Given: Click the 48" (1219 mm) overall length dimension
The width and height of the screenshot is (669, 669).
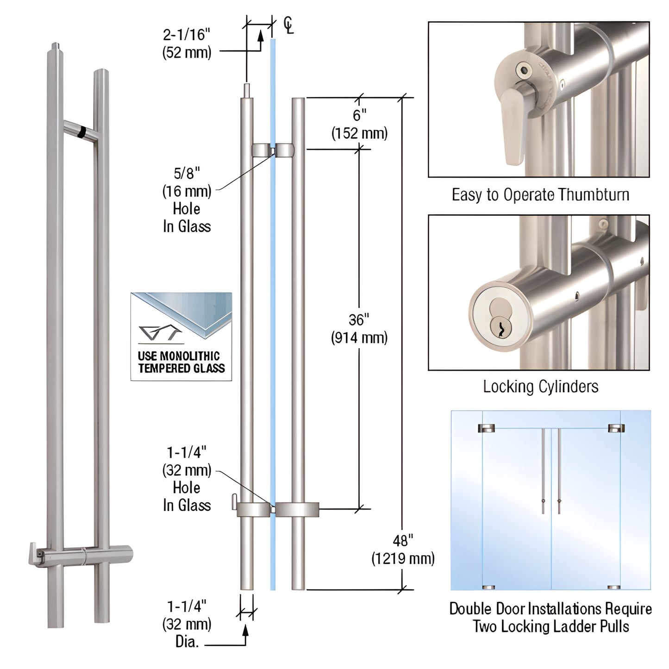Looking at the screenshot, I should [x=403, y=550].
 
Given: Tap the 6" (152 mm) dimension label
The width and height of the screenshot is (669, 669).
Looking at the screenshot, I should [x=359, y=124].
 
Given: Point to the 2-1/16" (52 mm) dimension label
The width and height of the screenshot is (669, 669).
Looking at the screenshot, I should [x=187, y=44].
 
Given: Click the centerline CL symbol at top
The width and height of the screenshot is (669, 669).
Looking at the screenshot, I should [x=288, y=25].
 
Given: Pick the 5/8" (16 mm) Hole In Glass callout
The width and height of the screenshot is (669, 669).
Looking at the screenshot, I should [x=187, y=200].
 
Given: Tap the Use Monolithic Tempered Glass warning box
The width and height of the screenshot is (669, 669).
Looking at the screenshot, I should [x=181, y=337].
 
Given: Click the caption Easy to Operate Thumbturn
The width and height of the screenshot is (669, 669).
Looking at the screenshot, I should [x=540, y=195].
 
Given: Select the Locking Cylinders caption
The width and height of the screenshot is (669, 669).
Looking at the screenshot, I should [x=540, y=386].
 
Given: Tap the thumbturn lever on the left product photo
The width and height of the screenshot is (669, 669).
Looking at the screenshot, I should [x=35, y=552].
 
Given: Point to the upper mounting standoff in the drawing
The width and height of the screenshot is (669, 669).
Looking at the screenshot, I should [x=273, y=150].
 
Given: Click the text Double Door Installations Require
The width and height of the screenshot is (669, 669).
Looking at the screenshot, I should [x=550, y=609].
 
